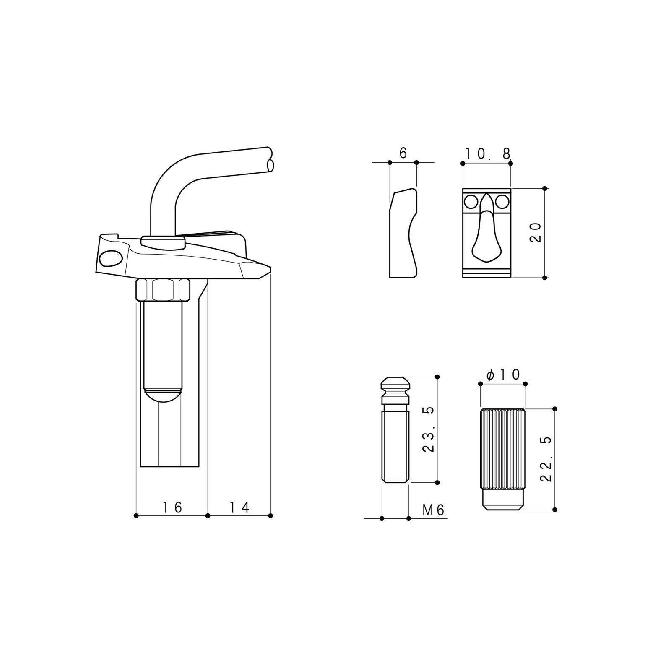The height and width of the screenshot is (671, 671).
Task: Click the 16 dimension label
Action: tap(173, 507)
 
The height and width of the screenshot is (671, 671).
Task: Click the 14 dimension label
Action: tap(239, 507)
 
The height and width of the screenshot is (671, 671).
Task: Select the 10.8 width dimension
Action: tap(487, 154)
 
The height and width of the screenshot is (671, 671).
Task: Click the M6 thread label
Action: tap(433, 510)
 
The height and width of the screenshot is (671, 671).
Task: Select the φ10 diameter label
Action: tap(503, 375)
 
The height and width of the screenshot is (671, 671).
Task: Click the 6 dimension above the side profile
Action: tap(403, 153)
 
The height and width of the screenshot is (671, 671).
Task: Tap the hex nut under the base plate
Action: tap(164, 290)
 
